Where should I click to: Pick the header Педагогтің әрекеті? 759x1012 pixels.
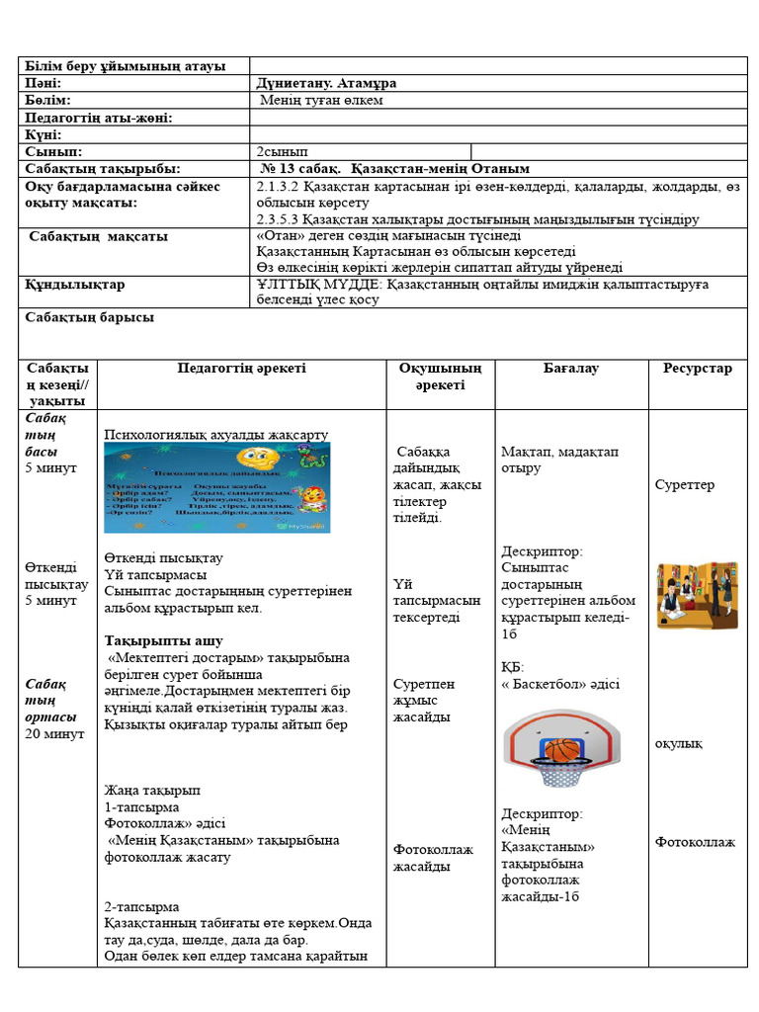tap(242, 369)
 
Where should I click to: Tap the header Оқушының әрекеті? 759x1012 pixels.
tap(440, 377)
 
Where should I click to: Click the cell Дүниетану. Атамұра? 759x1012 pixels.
tap(326, 84)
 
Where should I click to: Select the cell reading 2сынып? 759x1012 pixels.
tap(283, 151)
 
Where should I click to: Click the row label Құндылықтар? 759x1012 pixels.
tap(75, 285)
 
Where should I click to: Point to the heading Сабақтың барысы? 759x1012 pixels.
tap(89, 318)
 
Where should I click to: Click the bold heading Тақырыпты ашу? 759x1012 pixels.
tap(163, 640)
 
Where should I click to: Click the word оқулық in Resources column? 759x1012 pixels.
tap(678, 743)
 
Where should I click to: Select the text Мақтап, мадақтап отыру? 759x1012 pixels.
tap(559, 460)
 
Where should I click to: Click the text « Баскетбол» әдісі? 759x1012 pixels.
tap(560, 684)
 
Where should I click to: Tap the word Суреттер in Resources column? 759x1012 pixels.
tap(684, 485)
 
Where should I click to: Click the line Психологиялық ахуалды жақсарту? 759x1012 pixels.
tap(215, 434)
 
